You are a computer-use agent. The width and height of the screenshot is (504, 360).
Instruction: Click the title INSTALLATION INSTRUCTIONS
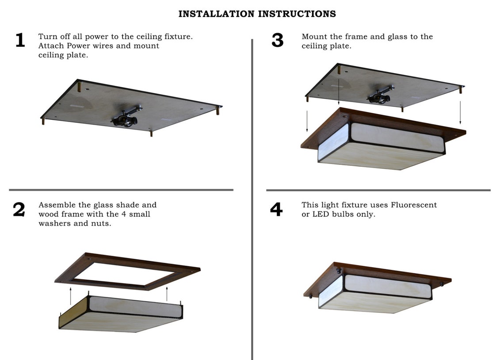tap(257, 14)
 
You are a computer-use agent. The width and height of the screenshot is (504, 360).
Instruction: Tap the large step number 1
tap(20, 40)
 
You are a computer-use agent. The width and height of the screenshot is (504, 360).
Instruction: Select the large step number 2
tap(19, 210)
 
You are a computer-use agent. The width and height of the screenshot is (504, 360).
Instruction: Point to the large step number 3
tap(277, 40)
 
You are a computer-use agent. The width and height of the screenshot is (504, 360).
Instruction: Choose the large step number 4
tap(276, 210)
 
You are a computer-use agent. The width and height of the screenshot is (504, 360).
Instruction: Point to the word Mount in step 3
tap(314, 37)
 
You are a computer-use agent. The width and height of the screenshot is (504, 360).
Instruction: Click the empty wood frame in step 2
tap(127, 271)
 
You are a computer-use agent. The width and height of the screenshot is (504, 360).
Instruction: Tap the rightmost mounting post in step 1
tap(218, 110)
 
